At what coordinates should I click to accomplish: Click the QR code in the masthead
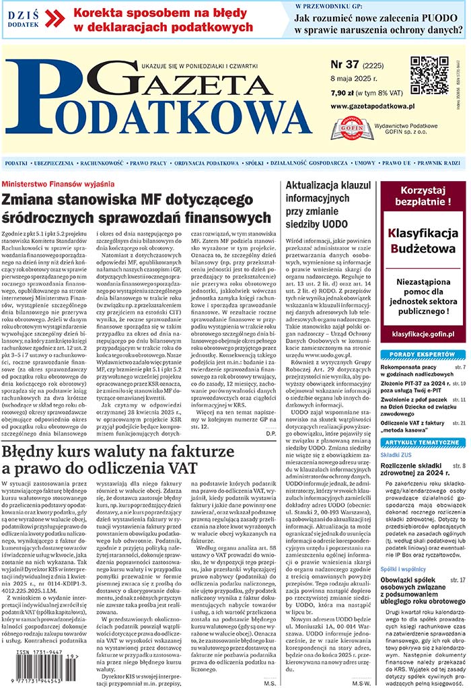[x=429, y=74]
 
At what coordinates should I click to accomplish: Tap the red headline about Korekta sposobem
[x=162, y=20]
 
